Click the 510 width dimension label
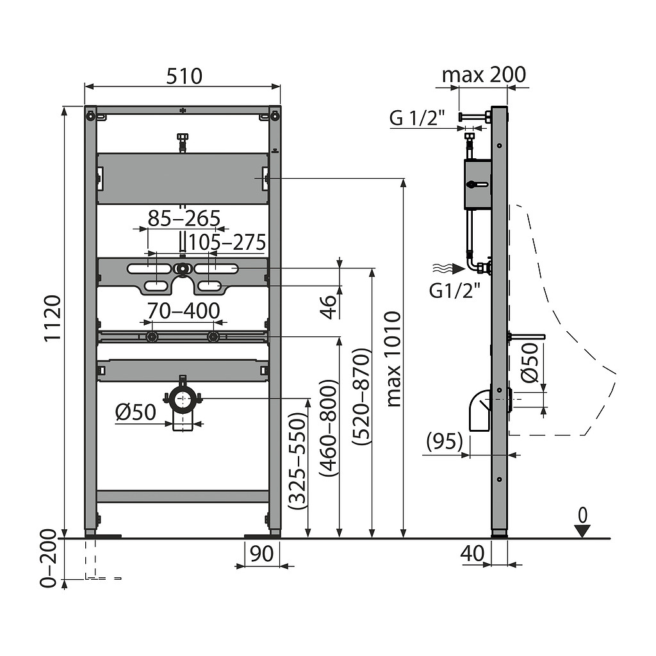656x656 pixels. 184,76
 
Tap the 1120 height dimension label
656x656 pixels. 53,318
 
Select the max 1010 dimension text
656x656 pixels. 393,359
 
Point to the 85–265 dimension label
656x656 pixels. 184,218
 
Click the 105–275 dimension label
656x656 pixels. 227,242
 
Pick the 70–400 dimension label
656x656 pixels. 183,311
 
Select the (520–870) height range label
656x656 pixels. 361,397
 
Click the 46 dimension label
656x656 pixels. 329,307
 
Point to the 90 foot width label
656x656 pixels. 261,553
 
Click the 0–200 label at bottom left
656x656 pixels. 48,559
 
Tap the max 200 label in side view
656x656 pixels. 484,75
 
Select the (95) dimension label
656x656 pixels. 445,441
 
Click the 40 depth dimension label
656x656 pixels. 472,553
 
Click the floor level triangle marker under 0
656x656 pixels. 582,531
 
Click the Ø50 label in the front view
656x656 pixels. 136,412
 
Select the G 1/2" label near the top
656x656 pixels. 416,118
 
